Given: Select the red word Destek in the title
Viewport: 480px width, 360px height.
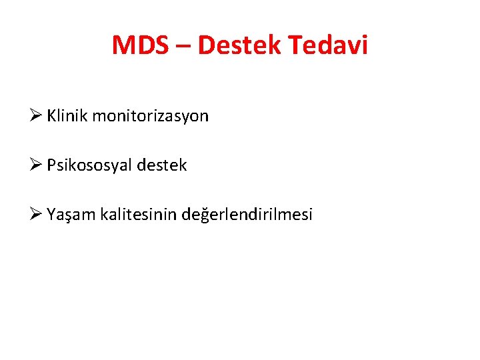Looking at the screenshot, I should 241,45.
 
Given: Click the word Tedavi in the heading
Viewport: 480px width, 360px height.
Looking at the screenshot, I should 328,45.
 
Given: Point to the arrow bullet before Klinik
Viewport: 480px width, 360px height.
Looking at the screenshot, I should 37,115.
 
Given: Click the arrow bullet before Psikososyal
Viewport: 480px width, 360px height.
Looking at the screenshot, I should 37,165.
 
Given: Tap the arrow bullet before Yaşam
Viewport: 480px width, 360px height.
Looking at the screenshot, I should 37,214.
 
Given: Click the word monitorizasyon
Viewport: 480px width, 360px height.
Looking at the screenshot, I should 150,116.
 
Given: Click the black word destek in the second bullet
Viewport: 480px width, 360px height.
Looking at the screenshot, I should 162,165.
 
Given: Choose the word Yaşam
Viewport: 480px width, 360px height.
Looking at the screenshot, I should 71,215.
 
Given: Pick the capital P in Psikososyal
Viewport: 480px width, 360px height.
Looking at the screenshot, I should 51,165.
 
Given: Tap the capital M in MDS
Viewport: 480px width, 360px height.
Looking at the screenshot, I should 125,45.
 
